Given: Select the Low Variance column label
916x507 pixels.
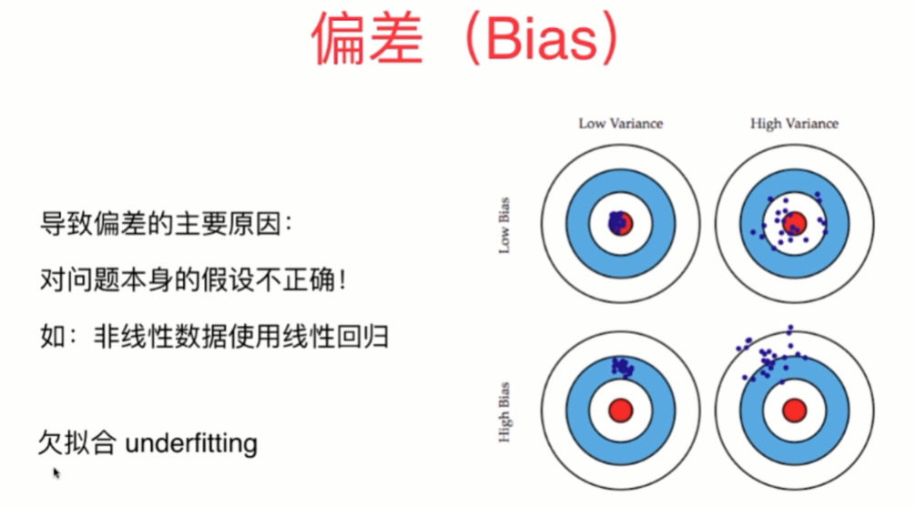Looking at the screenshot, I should tap(620, 123).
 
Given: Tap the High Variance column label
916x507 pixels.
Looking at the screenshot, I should tap(793, 123).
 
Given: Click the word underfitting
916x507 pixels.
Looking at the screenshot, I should tap(190, 443).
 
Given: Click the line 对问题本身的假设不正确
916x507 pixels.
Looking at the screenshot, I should tap(187, 279).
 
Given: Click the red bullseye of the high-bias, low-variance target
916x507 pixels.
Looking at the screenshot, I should tap(621, 410).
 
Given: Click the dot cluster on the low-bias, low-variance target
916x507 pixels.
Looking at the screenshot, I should tap(619, 222).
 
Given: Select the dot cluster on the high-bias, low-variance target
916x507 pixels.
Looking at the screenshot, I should tap(623, 366).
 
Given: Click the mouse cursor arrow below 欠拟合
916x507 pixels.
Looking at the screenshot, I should tap(56, 472).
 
